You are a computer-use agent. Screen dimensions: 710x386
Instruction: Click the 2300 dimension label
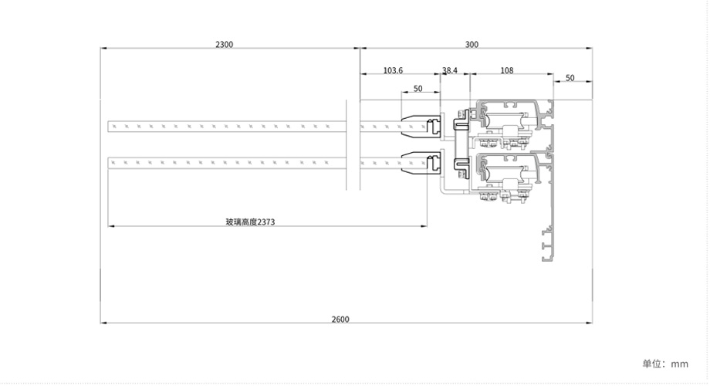[x=224, y=45]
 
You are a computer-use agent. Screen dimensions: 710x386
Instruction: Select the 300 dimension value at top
[x=472, y=45]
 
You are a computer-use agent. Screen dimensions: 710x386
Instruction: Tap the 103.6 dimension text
[x=393, y=70]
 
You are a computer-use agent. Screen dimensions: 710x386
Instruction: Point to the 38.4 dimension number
[x=450, y=70]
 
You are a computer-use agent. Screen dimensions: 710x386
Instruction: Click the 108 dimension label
[x=507, y=70]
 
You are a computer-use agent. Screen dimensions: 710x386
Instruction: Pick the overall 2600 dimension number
[x=340, y=320]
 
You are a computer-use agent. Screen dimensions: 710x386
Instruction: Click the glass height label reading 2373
[x=250, y=222]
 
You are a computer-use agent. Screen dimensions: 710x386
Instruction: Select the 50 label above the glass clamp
[x=418, y=88]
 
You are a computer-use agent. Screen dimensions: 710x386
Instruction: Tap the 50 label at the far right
[x=570, y=78]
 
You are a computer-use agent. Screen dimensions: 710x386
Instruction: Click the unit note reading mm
[x=679, y=364]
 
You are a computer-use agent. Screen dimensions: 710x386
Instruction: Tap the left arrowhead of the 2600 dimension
[x=103, y=323]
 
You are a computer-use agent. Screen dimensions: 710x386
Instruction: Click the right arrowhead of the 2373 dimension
[x=424, y=225]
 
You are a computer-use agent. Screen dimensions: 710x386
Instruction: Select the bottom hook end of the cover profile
[x=548, y=259]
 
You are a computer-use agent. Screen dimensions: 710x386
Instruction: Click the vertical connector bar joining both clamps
[x=461, y=144]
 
